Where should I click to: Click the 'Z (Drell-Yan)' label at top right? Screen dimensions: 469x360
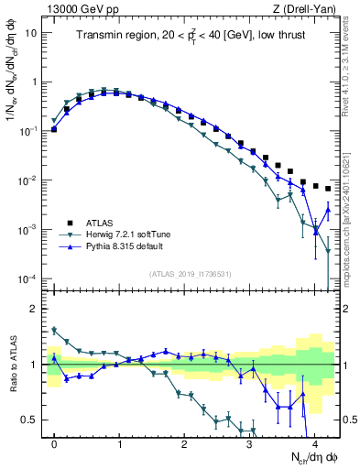[x=307, y=8]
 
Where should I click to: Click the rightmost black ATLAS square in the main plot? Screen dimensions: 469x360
[x=328, y=189]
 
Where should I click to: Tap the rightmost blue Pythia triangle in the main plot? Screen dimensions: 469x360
[x=328, y=212]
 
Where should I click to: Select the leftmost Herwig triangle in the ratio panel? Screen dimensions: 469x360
[x=54, y=331]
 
